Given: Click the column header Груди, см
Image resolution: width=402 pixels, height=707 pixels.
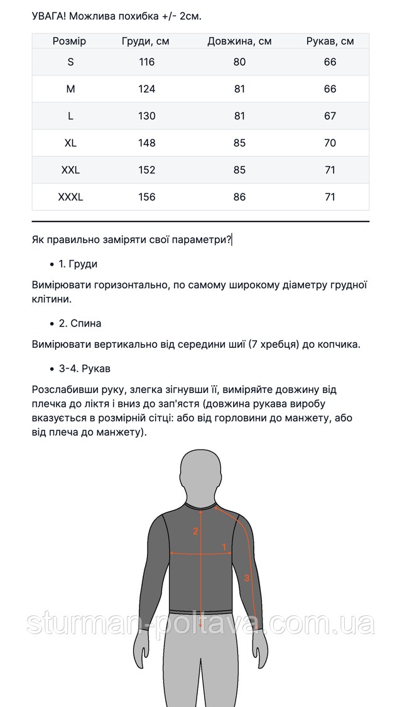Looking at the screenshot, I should [x=146, y=41].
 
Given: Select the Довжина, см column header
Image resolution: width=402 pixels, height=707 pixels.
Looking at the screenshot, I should [x=239, y=41].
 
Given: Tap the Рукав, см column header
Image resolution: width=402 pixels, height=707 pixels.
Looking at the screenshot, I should [x=330, y=41].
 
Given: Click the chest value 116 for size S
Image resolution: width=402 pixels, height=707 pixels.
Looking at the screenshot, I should [x=146, y=62].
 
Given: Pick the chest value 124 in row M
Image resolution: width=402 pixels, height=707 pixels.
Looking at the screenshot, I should [x=146, y=89].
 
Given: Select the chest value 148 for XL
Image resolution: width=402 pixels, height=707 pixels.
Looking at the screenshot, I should [x=146, y=143].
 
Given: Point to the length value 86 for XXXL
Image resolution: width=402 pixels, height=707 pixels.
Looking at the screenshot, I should [x=239, y=197].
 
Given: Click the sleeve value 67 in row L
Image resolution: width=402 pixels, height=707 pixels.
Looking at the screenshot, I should [x=330, y=116].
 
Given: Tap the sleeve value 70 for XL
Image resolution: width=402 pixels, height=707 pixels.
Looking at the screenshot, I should [x=330, y=143].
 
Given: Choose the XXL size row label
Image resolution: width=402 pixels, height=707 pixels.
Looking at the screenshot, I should [x=70, y=170].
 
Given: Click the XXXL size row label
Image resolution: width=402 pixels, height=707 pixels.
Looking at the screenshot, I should [x=70, y=197].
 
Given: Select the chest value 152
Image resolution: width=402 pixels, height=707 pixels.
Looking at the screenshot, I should [x=146, y=170].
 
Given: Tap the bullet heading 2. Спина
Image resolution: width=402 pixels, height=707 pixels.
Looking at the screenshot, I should [x=80, y=323].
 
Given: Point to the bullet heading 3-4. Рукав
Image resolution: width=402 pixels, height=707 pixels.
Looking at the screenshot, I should [x=84, y=369].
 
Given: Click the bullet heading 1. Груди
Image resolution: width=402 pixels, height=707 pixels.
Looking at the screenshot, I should [x=78, y=264].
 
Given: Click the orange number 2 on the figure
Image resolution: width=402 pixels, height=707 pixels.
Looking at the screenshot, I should [x=195, y=531].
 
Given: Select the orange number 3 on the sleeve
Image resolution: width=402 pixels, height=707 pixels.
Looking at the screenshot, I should [x=247, y=578].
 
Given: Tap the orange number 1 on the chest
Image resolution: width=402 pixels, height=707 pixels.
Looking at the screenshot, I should [x=224, y=547].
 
